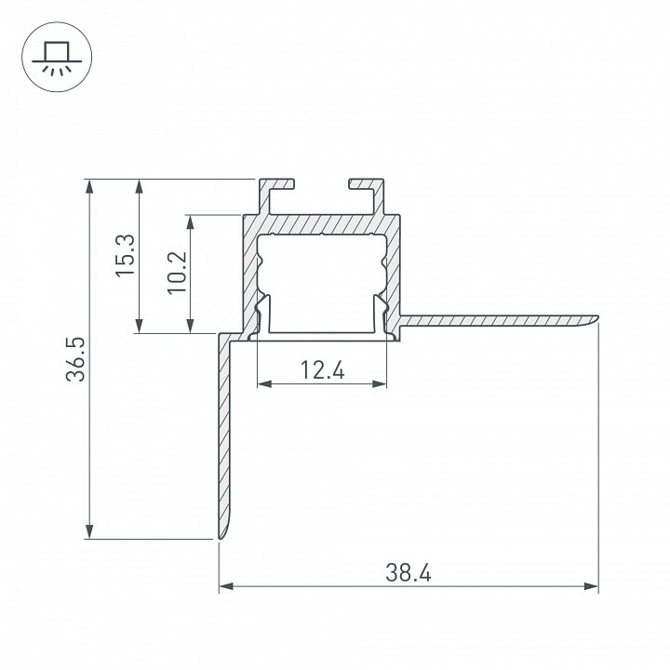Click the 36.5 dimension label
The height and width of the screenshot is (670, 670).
pos(75,359)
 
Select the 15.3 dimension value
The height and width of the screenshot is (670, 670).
pos(126,256)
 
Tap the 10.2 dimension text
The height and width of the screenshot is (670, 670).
pos(177,273)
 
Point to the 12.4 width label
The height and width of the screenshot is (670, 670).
pos(322,370)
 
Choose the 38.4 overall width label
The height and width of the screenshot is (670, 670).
pos(409,572)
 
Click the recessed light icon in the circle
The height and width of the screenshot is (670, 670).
pos(57,59)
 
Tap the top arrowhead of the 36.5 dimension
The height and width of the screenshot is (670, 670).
pos(89,187)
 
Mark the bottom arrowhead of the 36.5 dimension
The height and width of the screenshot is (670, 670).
pos(89,531)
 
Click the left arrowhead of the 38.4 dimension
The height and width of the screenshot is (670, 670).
pos(226,586)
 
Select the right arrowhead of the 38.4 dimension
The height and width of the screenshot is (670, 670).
pos(591,586)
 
